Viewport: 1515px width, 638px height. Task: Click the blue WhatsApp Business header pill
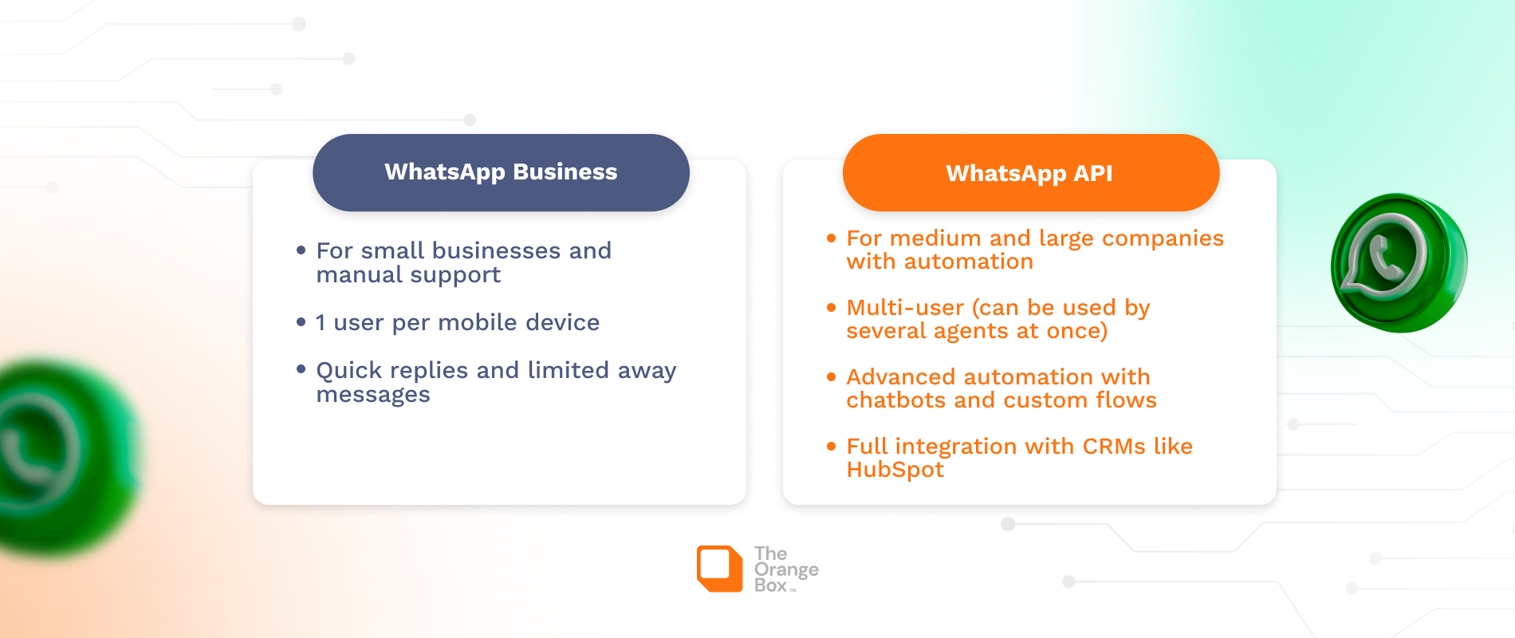point(501,172)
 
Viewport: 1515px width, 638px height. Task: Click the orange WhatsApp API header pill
point(1030,173)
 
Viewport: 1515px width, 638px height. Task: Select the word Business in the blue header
point(565,172)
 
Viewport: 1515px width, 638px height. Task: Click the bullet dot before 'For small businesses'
point(301,250)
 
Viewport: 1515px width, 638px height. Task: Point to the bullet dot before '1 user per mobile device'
point(301,322)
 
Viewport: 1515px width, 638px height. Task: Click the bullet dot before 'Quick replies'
point(301,369)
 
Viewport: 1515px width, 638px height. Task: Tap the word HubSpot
point(895,470)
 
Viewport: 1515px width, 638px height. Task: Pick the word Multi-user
point(905,308)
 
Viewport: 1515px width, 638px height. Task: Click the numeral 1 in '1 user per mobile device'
point(321,323)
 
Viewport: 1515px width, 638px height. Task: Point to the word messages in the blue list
point(373,395)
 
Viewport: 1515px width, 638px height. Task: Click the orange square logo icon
point(719,569)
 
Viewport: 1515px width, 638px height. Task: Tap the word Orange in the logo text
point(786,569)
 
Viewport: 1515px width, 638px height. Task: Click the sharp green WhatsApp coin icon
point(1398,262)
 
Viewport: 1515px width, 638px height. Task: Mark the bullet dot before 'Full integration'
point(831,447)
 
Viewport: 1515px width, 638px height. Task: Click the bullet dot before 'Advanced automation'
point(831,377)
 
